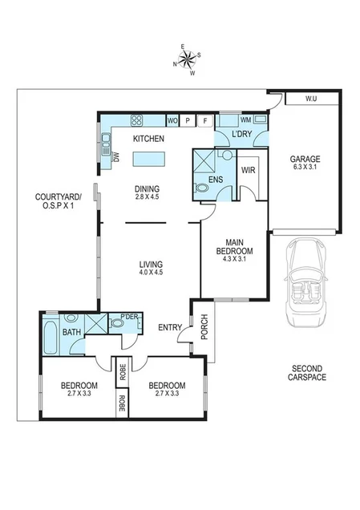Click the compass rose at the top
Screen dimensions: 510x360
187,60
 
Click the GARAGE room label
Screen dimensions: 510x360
305,159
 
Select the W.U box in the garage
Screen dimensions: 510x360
311,99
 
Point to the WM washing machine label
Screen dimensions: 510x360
246,119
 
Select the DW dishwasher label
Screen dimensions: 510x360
115,157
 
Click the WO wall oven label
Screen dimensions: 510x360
172,120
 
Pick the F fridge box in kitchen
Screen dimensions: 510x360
205,120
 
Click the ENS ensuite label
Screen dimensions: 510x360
215,180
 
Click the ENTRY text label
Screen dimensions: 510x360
170,326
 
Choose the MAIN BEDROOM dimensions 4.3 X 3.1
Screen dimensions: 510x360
233,259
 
